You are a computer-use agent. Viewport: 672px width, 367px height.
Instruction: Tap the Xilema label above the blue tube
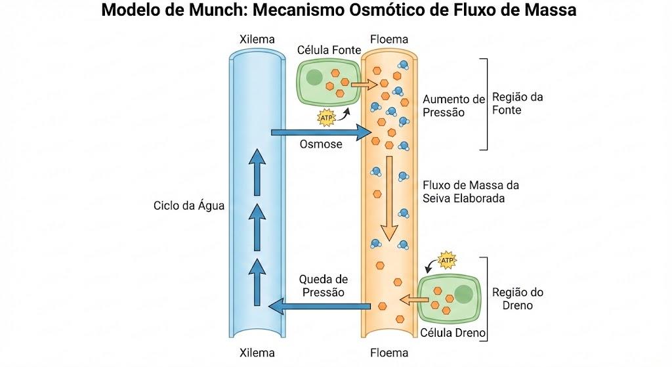257,39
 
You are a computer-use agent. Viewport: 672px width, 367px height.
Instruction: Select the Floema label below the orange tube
389,353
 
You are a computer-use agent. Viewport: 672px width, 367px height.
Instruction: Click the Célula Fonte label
329,50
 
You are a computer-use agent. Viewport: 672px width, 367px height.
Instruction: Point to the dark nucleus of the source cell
314,77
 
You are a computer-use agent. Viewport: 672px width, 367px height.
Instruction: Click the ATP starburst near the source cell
327,118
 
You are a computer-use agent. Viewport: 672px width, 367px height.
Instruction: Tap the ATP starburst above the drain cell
447,260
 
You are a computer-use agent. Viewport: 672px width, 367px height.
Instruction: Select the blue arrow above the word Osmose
322,132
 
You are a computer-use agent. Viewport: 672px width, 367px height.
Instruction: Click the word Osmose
321,144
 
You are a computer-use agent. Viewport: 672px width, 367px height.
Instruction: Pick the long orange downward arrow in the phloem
390,198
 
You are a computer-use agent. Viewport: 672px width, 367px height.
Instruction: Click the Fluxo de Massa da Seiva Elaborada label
471,192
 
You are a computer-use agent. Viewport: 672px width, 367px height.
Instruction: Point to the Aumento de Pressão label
454,106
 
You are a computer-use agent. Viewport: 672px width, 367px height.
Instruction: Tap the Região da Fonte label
517,103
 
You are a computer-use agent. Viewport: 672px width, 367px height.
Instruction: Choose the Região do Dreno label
518,299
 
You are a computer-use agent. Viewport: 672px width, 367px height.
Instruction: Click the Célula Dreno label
453,333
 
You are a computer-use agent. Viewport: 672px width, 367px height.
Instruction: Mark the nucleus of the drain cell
463,295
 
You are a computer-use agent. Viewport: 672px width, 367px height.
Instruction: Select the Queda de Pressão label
323,286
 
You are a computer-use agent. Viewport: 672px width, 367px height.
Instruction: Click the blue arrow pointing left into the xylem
320,306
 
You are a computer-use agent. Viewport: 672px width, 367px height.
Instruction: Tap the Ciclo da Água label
189,205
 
